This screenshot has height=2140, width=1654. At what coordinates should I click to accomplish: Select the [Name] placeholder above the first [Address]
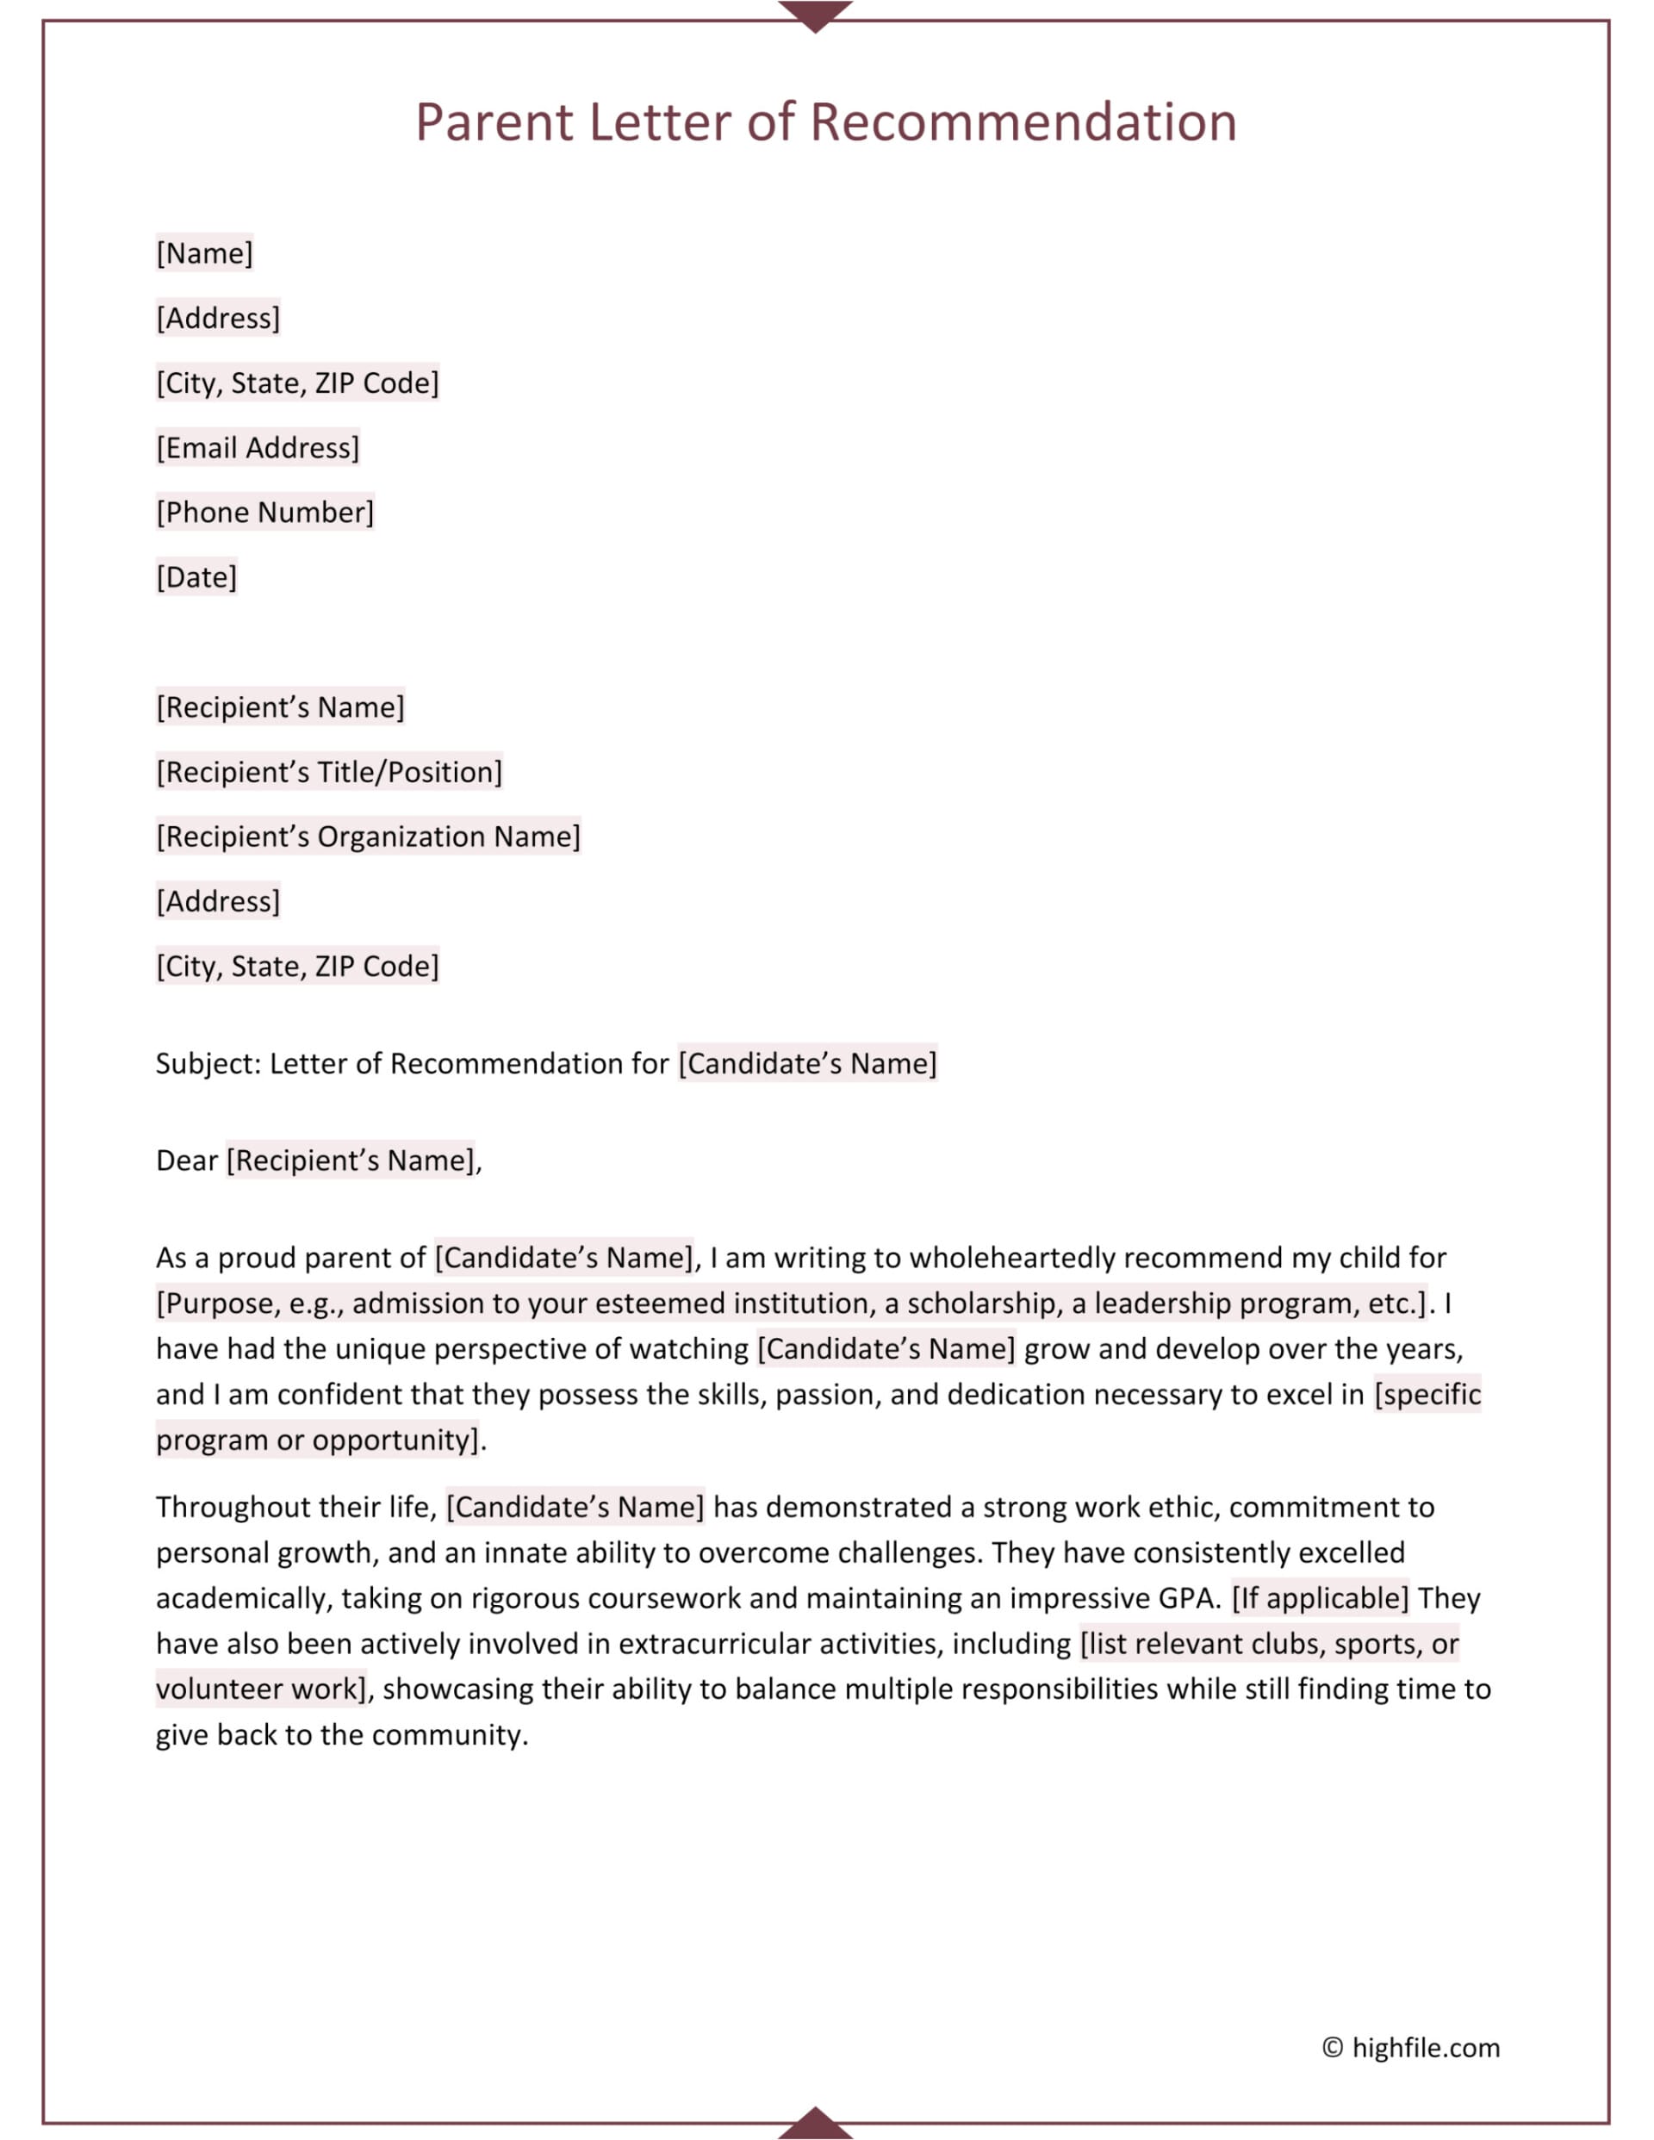click(x=205, y=252)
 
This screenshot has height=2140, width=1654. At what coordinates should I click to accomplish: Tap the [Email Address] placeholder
click(x=258, y=448)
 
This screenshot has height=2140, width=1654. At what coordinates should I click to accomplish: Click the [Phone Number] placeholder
click(x=264, y=513)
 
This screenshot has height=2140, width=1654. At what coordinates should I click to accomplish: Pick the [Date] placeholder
click(x=196, y=577)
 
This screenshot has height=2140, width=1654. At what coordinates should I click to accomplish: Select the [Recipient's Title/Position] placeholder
click(x=329, y=772)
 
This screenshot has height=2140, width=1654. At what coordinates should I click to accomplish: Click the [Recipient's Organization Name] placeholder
click(x=369, y=837)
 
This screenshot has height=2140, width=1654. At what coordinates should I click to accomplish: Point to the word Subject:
click(x=208, y=1064)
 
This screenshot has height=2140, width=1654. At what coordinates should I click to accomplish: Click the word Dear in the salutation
click(x=186, y=1161)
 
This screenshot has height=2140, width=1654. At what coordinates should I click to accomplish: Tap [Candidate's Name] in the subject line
click(x=807, y=1064)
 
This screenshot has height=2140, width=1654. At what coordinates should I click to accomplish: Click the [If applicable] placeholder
click(x=1320, y=1598)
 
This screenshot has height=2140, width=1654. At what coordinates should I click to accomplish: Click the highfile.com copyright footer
click(x=1411, y=2048)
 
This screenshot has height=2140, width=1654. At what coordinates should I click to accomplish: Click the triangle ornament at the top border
click(x=815, y=15)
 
